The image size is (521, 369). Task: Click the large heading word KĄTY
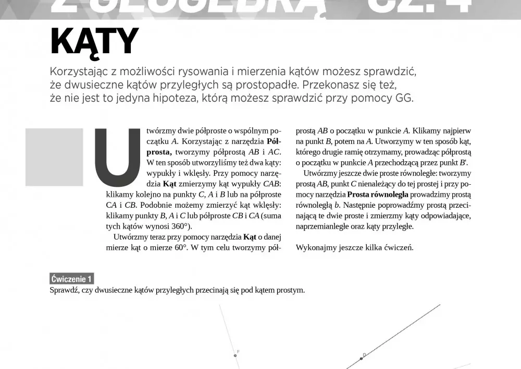click(x=94, y=41)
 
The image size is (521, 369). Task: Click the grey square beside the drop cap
click(x=54, y=157)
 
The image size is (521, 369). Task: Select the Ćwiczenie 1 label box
click(x=72, y=278)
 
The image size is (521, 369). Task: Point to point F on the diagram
click(x=235, y=355)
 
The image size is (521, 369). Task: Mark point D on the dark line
click(x=361, y=359)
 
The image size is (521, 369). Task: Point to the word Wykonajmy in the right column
click(x=313, y=247)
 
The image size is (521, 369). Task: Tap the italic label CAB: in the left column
click(x=271, y=184)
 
